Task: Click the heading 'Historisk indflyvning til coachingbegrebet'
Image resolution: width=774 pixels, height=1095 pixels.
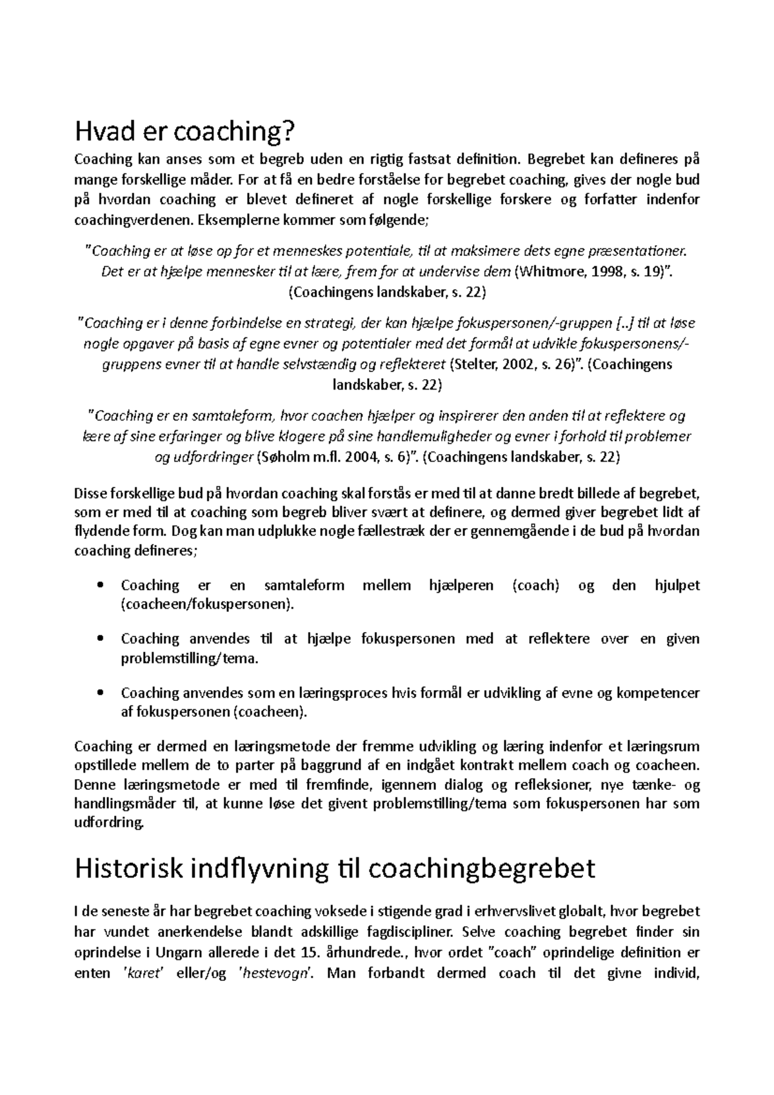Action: (335, 869)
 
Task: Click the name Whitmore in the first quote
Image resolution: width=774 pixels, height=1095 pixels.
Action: (549, 271)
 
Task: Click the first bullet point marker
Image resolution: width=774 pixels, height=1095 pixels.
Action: (99, 586)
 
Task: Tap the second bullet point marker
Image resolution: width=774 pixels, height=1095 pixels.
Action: (99, 639)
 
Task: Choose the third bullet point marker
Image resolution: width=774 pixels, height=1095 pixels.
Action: (99, 693)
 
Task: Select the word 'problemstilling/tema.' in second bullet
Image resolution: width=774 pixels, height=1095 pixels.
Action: (190, 658)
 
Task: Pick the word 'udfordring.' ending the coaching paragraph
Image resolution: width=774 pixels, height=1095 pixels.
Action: (108, 822)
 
